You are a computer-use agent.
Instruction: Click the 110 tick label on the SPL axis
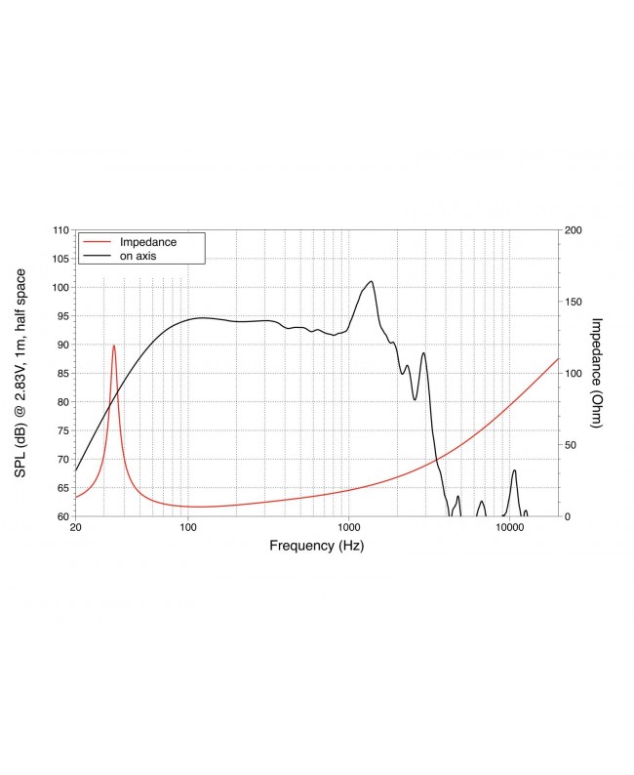pos(61,230)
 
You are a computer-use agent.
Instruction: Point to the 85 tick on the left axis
pos(61,373)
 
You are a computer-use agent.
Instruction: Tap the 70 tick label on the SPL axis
pos(61,459)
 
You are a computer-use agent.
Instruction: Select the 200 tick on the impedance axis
pos(574,230)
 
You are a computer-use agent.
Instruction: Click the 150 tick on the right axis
pos(574,302)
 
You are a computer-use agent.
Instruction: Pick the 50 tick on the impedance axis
pos(571,444)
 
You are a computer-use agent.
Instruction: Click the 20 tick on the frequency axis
pos(76,527)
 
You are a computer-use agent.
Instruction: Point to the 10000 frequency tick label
pos(508,527)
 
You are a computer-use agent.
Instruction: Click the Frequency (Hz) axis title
pos(316,547)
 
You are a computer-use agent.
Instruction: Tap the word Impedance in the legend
pos(147,241)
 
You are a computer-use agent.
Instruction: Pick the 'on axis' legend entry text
pos(139,256)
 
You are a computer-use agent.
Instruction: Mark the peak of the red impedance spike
pos(114,346)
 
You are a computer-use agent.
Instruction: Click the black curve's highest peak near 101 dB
pos(371,281)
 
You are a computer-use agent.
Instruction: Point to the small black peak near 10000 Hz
pos(514,470)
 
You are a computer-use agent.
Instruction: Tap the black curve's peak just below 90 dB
pos(423,353)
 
